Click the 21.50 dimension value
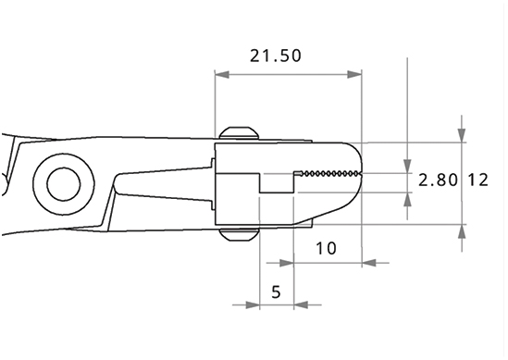[x=276, y=56]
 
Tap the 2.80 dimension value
[x=438, y=180]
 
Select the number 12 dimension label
[x=477, y=180]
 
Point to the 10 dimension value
[x=326, y=249]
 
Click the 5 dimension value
[x=276, y=292]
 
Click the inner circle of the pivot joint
[x=64, y=184]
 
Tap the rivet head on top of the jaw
[x=239, y=133]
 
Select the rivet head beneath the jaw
[x=239, y=234]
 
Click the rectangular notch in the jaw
[x=277, y=183]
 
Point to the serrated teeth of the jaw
[x=330, y=174]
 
